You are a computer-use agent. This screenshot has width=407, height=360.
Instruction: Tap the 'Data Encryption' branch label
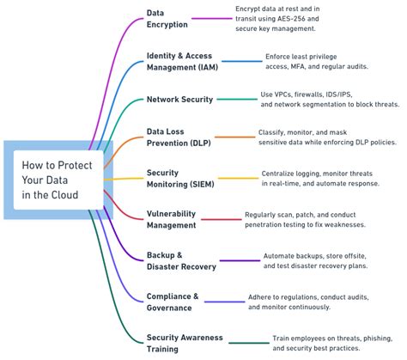coord(167,19)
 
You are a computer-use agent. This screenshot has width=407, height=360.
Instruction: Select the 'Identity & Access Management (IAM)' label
coord(181,61)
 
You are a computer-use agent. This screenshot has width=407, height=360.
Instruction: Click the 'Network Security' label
coord(179,100)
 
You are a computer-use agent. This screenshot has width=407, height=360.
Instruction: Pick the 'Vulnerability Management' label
coord(173,219)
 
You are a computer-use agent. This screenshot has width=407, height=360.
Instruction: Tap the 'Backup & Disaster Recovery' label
coord(181,260)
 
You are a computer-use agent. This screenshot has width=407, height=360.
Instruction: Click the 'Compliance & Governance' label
coord(173,302)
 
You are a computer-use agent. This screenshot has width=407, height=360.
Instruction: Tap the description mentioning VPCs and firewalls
coord(329,99)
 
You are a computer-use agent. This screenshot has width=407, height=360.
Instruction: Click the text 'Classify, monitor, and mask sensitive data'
coord(325,137)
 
